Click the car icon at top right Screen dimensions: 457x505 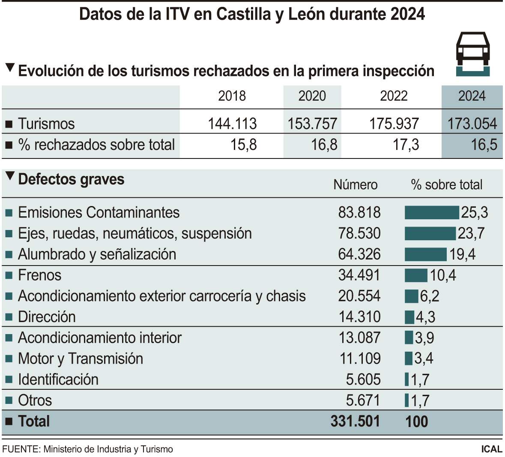472,53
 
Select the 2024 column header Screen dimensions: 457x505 472,96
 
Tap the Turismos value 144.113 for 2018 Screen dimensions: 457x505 232,124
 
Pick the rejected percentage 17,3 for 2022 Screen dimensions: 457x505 406,145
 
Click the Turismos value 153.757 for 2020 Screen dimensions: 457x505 312,124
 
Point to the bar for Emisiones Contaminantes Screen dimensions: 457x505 432,212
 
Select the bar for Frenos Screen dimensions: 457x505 416,275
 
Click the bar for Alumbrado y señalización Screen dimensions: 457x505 425,254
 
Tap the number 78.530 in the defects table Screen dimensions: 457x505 359,233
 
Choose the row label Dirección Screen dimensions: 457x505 47,317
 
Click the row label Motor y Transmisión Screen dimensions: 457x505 81,358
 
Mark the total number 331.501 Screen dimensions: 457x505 355,421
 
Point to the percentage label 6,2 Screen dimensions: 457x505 430,296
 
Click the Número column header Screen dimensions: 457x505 355,185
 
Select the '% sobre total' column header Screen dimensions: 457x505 446,185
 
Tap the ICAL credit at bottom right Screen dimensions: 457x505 491,449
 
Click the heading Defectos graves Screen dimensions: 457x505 71,179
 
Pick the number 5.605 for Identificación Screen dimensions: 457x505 363,379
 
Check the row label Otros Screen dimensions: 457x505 35,400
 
